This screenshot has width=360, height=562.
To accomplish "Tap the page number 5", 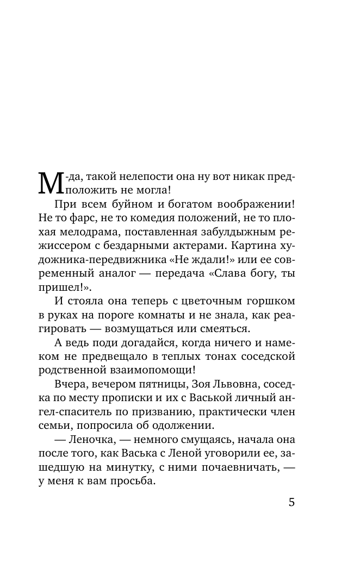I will point(291,502).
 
